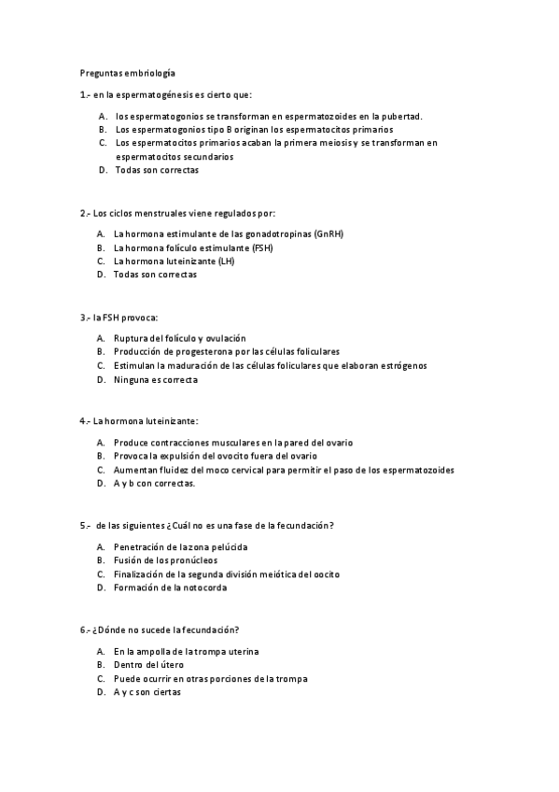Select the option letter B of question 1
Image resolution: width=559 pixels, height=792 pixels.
click(x=102, y=130)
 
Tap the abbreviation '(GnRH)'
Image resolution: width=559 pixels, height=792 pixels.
click(x=329, y=234)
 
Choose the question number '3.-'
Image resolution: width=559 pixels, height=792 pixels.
click(x=85, y=318)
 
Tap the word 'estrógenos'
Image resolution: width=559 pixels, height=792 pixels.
click(x=404, y=365)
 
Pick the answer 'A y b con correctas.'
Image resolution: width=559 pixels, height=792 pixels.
click(x=154, y=484)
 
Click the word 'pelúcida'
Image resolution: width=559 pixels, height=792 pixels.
click(x=227, y=546)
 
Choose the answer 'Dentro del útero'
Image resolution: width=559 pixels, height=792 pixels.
click(x=148, y=664)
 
